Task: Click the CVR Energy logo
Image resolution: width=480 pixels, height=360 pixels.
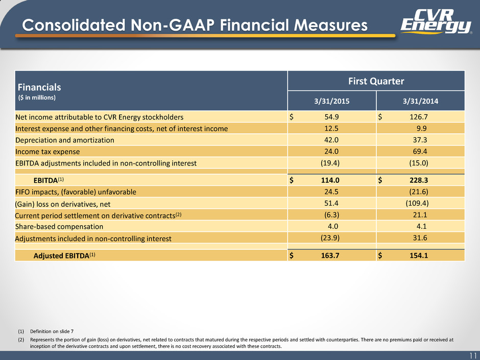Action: coord(436,21)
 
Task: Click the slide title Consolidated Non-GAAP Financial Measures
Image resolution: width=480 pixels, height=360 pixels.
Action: coord(195,25)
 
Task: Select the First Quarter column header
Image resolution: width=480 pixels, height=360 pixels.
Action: coord(376,81)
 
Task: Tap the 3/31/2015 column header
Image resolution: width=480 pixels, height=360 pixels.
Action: coord(331,101)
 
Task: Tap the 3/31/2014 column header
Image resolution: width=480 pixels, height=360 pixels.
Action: coord(420,101)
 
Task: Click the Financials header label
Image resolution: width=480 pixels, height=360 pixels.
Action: coord(39,87)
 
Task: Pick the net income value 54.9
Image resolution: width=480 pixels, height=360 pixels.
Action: coord(331,117)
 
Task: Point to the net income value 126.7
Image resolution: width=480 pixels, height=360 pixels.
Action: coord(419,117)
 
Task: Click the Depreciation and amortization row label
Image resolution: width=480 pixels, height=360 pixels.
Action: coord(64,140)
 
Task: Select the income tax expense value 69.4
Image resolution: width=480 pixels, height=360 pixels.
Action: coord(420,152)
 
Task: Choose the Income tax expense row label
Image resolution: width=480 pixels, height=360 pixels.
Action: coord(47,152)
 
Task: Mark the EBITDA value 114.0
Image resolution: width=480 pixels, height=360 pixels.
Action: coord(330,180)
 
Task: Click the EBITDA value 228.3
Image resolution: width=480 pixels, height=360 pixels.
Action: coord(419,180)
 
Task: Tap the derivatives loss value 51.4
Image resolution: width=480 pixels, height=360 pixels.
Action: coord(331,203)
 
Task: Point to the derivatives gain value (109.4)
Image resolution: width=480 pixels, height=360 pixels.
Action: coord(417,203)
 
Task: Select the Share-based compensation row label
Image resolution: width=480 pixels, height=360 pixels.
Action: coord(59,227)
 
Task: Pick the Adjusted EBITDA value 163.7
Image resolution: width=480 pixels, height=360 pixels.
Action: coord(330,256)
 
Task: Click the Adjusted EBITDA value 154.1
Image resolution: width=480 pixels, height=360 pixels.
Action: coord(419,256)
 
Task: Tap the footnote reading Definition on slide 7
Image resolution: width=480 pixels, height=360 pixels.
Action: coord(52,331)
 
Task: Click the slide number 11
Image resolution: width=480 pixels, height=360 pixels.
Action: coord(473,355)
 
